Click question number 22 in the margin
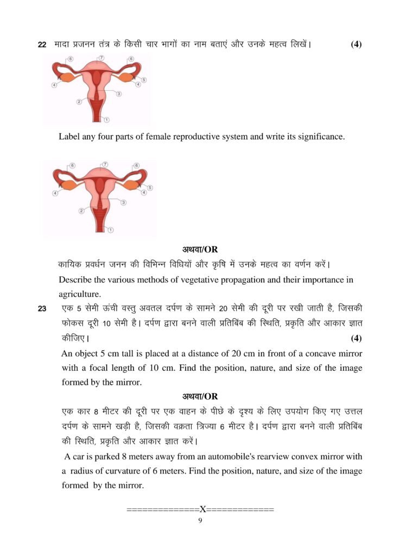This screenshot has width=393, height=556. (x=42, y=45)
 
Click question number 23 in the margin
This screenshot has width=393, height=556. (x=42, y=309)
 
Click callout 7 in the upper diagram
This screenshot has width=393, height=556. (x=102, y=58)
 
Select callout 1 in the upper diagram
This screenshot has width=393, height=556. (x=106, y=119)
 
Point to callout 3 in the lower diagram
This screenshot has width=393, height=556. (x=124, y=202)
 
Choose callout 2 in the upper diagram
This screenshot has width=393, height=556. (x=79, y=102)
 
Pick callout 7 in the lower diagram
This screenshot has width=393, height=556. (x=105, y=163)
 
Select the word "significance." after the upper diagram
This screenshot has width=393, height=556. (x=319, y=136)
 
